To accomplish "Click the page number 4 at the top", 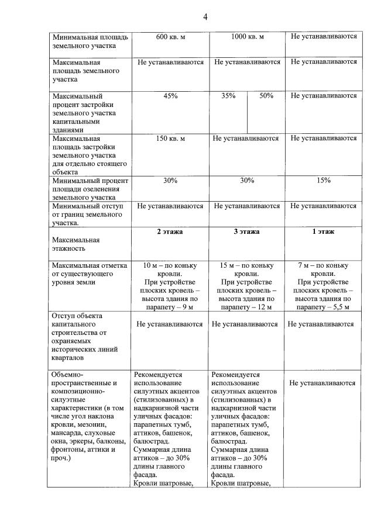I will (x=205, y=16).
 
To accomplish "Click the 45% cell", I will (x=170, y=96).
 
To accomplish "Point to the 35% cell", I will (x=228, y=96).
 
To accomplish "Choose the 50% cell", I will (x=266, y=96).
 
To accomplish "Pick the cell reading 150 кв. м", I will (x=170, y=139).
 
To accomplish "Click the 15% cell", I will (x=323, y=181).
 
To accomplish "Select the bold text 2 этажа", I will (x=170, y=232).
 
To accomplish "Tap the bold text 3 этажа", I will (x=247, y=232).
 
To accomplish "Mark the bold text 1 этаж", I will (x=323, y=232).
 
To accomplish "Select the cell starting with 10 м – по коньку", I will (x=170, y=286).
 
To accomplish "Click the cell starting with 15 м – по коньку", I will (x=246, y=286).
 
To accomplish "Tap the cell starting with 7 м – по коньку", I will (x=323, y=286).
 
